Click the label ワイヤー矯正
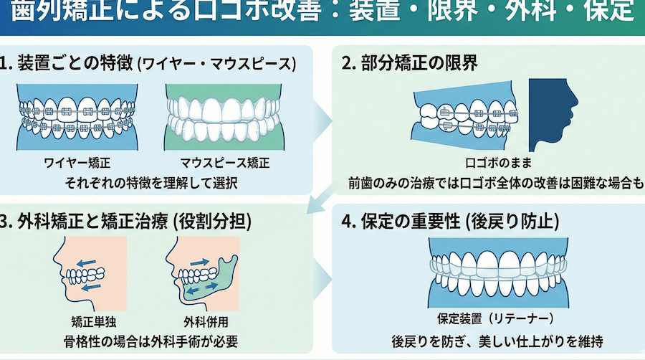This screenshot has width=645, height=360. (77, 163)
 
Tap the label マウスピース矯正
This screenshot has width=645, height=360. (225, 163)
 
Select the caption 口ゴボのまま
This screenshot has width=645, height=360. (498, 163)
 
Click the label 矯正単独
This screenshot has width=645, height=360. (94, 322)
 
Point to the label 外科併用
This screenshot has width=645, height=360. (206, 322)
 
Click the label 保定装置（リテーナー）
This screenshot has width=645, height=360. (496, 318)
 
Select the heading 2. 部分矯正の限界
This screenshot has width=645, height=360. (410, 63)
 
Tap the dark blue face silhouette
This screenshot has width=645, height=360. (553, 115)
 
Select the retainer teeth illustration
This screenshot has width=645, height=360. (498, 273)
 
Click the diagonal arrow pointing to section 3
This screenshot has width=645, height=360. (322, 199)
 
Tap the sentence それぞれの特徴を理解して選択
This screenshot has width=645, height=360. (151, 183)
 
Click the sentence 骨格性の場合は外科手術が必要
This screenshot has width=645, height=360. (150, 341)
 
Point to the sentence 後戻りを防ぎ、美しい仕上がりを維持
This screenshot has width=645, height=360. (497, 341)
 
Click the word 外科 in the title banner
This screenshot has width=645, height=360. (528, 11)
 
